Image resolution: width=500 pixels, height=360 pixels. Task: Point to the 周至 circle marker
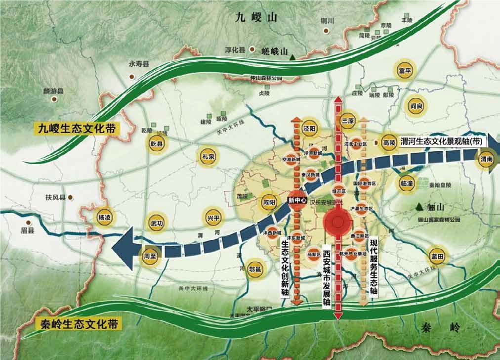pos(150,257)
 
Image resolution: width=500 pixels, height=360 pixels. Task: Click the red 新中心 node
pos(297,200)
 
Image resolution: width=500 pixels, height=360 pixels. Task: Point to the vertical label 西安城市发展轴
pos(326,277)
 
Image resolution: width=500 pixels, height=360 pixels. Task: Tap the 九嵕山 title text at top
pos(257,18)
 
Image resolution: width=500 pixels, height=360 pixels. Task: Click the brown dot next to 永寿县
pos(132,77)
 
